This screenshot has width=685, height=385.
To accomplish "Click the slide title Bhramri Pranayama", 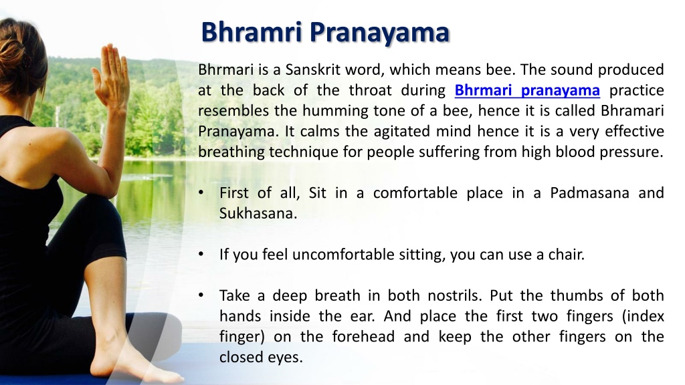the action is [x=325, y=32].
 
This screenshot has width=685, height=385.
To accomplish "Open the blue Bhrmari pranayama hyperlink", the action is [x=527, y=90].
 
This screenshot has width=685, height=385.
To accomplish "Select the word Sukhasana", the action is [x=258, y=213].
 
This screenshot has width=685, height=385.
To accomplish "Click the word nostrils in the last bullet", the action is [x=454, y=295].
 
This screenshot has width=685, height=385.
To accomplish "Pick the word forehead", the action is [x=363, y=337].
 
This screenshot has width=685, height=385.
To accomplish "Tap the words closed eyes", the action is [x=261, y=358].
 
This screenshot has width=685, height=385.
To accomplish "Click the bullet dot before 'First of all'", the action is [x=201, y=193].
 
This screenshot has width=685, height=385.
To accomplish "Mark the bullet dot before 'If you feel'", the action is [x=201, y=254].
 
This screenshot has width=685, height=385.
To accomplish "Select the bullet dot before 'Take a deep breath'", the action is [x=201, y=295].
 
